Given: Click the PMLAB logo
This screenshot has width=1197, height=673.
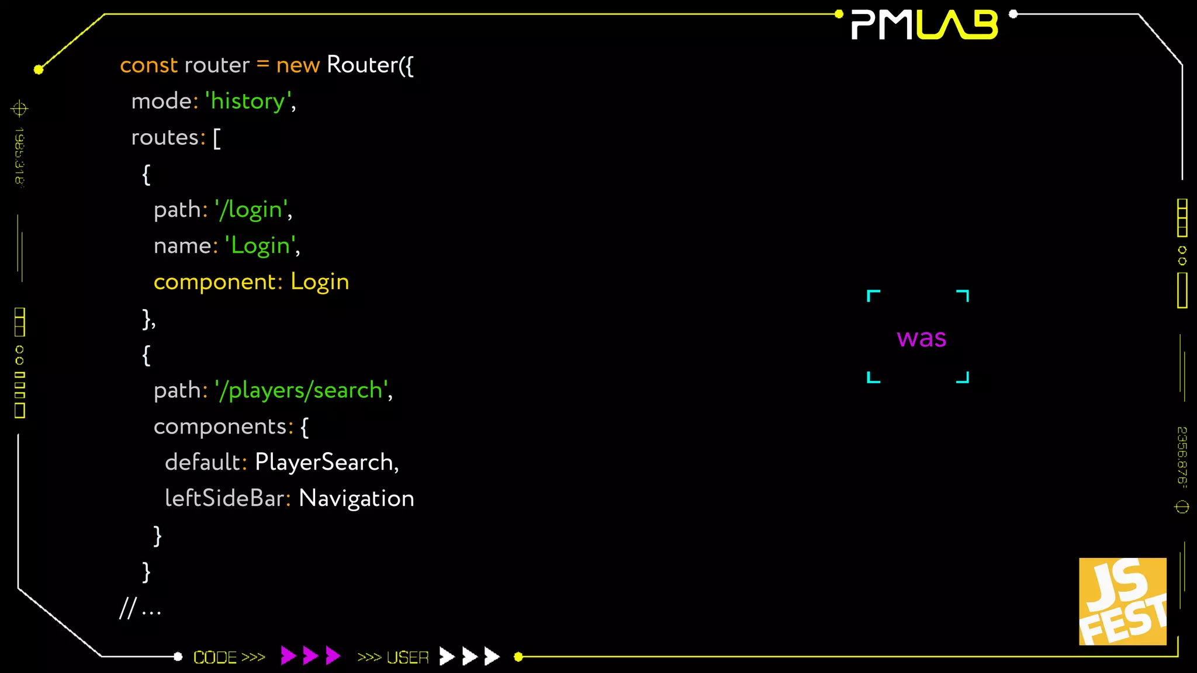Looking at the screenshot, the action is (x=924, y=25).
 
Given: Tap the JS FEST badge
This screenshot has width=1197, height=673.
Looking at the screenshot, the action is (x=1122, y=601).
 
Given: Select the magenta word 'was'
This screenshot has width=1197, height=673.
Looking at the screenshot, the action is (x=921, y=338).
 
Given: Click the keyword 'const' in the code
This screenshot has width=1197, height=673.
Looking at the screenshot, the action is (x=148, y=65).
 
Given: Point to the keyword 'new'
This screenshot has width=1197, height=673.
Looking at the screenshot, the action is (x=297, y=65).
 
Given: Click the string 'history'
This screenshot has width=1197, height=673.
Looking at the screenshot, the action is (x=248, y=101).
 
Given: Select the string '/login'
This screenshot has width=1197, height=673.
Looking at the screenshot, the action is (x=252, y=209).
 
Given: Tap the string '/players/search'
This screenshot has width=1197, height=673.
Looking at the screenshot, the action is (x=302, y=390).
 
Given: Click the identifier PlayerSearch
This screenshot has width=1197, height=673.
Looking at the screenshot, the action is (x=324, y=462).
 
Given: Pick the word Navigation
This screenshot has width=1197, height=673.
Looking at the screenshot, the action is (x=356, y=498).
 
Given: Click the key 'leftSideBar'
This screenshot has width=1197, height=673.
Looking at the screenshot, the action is (x=224, y=498).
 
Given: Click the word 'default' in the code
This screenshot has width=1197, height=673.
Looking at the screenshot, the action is (x=202, y=462).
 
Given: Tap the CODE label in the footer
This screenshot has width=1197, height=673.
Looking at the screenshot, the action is (x=215, y=657).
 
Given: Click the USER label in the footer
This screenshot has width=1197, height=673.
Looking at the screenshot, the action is (x=407, y=657).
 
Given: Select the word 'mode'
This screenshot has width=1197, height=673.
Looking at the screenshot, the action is (x=161, y=101).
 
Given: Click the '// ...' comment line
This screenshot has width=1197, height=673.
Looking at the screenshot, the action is (x=140, y=609).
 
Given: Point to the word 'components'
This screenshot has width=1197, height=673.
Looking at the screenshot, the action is (x=220, y=426).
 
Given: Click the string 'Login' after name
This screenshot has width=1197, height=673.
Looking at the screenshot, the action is (x=261, y=245).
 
